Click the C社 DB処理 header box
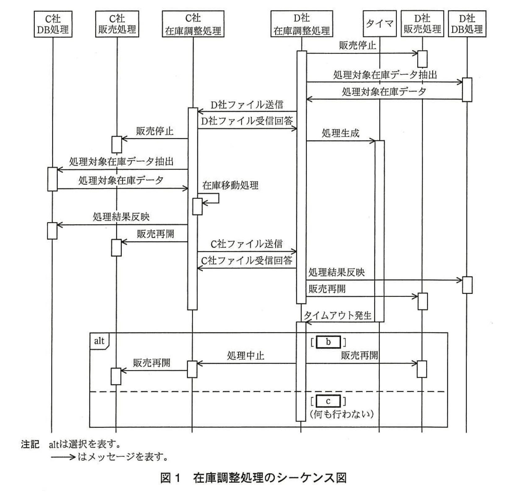coord(53,24)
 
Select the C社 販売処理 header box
coord(117,24)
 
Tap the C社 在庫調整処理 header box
coord(193,24)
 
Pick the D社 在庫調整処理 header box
coord(302,24)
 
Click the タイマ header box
coord(380,24)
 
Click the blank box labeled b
coord(328,342)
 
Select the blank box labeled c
coord(328,401)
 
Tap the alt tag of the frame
coord(99,341)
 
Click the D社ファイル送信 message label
coord(247,105)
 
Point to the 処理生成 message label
coord(340,133)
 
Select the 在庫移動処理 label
coord(230,185)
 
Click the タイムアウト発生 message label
coord(337,315)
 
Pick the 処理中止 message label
coord(246,356)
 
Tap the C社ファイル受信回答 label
coord(247,261)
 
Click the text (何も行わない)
coord(341,414)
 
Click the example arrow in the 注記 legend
coord(63,457)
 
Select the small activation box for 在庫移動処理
coord(197,207)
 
